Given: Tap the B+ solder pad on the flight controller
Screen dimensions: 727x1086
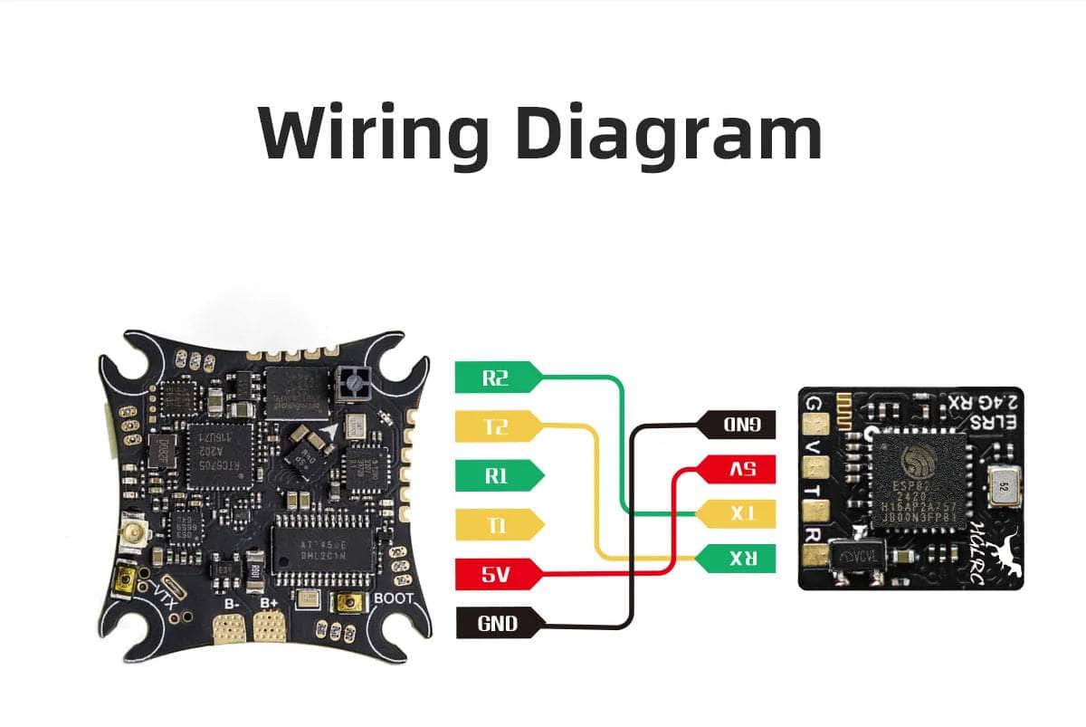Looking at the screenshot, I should pos(269,627).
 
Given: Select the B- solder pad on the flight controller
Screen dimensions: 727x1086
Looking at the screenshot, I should pos(229,627).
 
